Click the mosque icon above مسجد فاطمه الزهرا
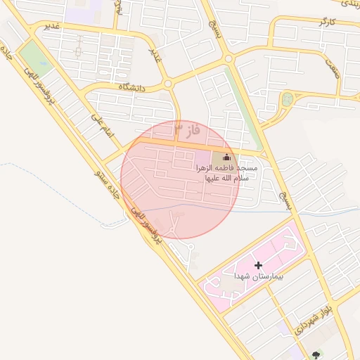pos(226,157)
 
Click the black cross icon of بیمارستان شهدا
pos(259,265)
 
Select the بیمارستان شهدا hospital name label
pos(259,277)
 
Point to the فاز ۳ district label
pos(188,130)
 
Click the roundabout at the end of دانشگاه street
pos(167,84)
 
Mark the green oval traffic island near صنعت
pos(287,99)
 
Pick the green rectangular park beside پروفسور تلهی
pos(34,58)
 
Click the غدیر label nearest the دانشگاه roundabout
pos(155,53)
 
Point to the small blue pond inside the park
pos(44,61)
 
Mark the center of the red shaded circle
pos(181,179)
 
